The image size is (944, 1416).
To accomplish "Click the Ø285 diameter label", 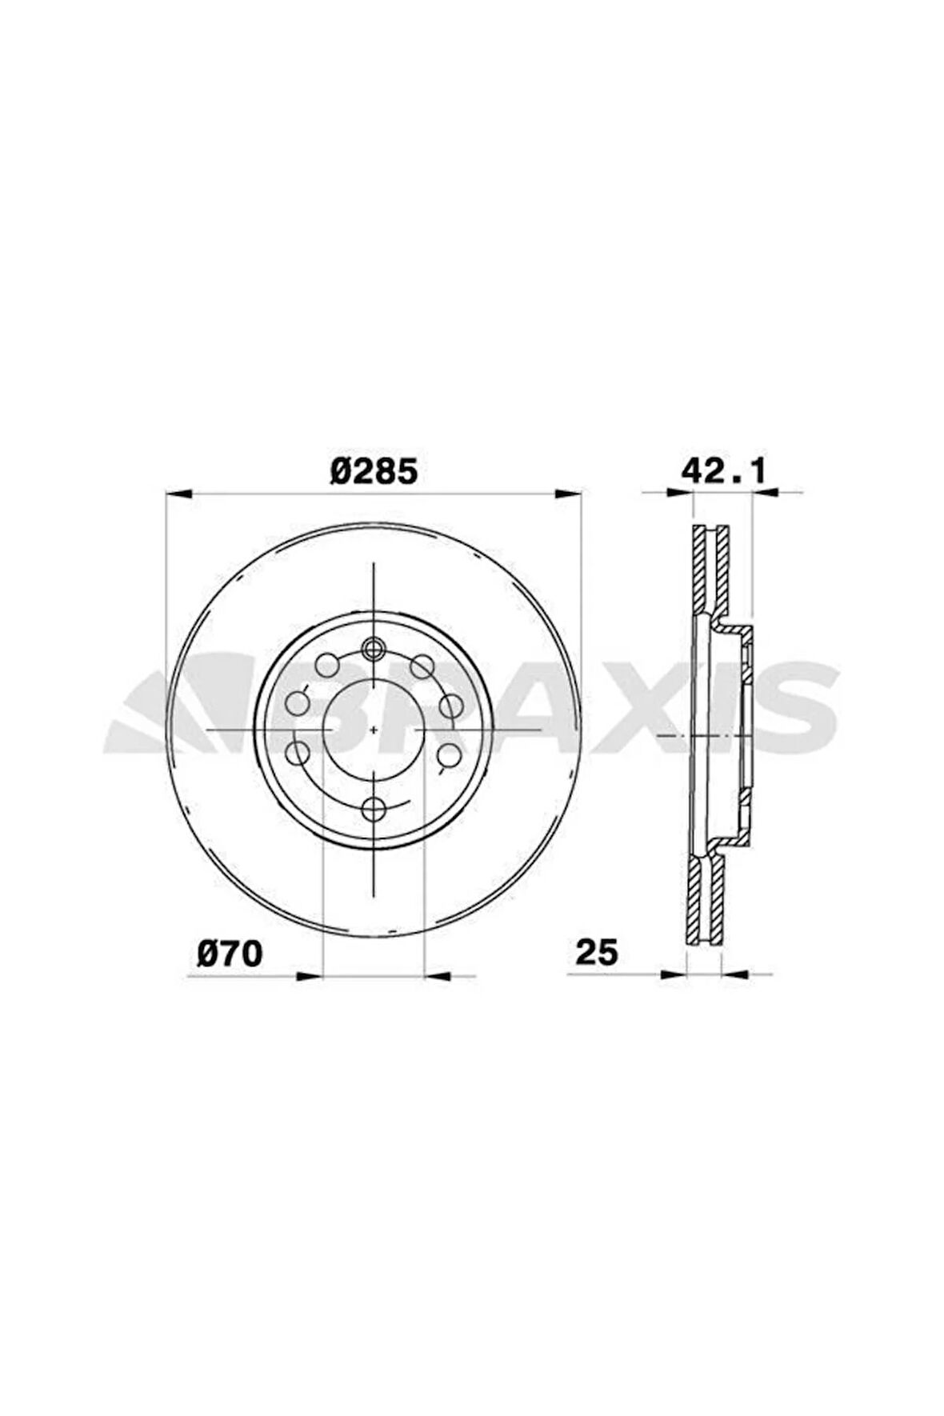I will coord(374,471).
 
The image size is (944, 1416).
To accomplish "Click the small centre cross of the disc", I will coord(374,729).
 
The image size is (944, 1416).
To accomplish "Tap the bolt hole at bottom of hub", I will coord(374,809).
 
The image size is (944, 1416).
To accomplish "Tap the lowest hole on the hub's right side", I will coord(450,753).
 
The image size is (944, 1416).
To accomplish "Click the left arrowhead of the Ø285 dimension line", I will coord(178,495).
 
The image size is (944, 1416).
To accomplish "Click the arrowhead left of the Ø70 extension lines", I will coord(309,975).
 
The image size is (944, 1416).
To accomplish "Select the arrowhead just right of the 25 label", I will coord(676,974).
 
